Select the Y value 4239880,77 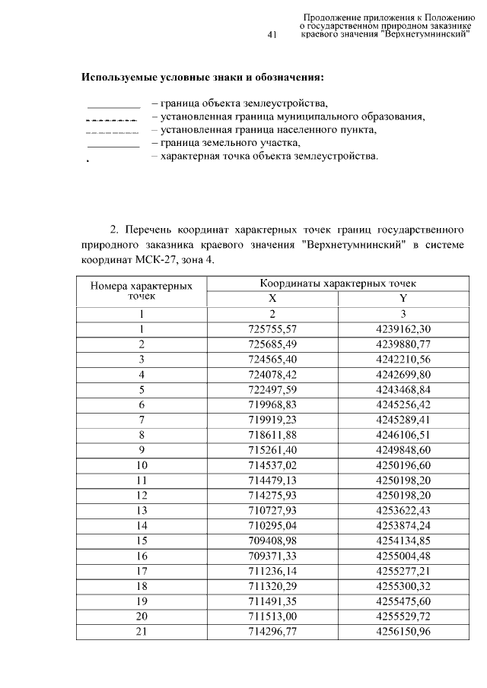pyautogui.click(x=403, y=344)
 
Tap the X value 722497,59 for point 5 pyautogui.click(x=272, y=390)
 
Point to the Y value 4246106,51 pyautogui.click(x=403, y=436)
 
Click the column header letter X pyautogui.click(x=272, y=298)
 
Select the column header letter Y pyautogui.click(x=403, y=298)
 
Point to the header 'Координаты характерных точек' pyautogui.click(x=338, y=283)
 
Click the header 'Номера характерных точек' pyautogui.click(x=142, y=290)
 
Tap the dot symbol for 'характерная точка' pyautogui.click(x=89, y=162)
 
